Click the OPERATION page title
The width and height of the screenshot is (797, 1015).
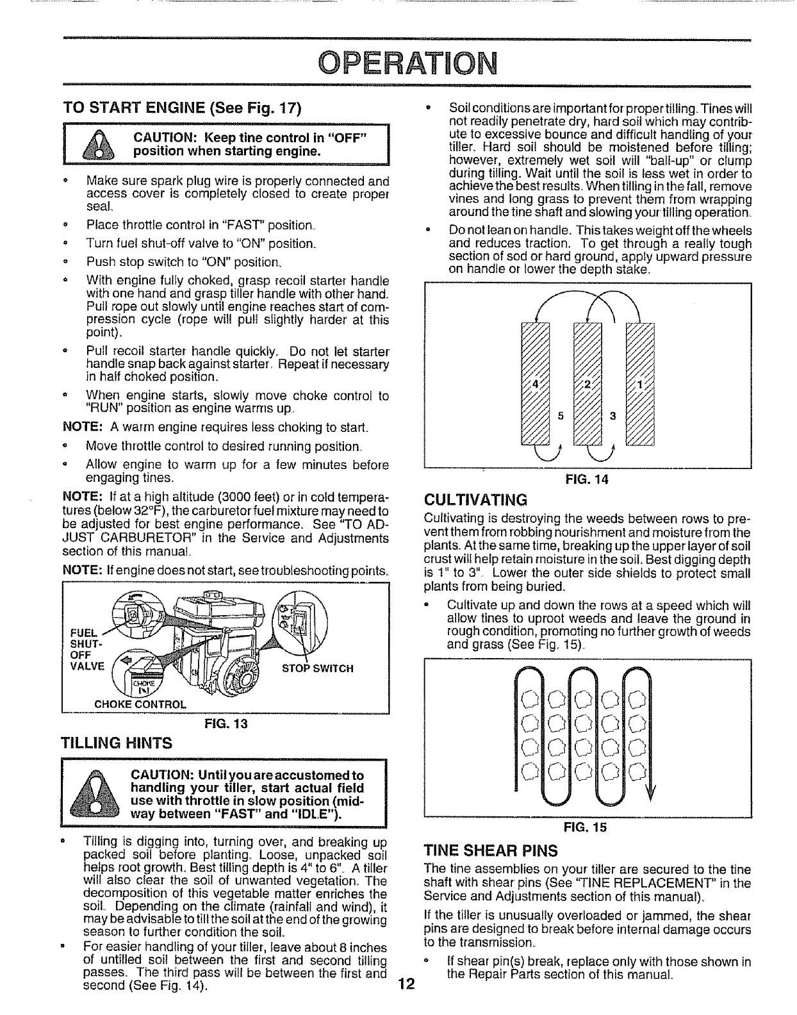pos(398,63)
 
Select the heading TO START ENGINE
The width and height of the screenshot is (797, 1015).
pos(182,107)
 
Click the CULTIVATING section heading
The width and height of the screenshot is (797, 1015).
pos(475,500)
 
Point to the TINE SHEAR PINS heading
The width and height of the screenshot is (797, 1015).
pos(491,851)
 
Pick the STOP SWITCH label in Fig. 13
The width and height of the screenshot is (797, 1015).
pos(318,669)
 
